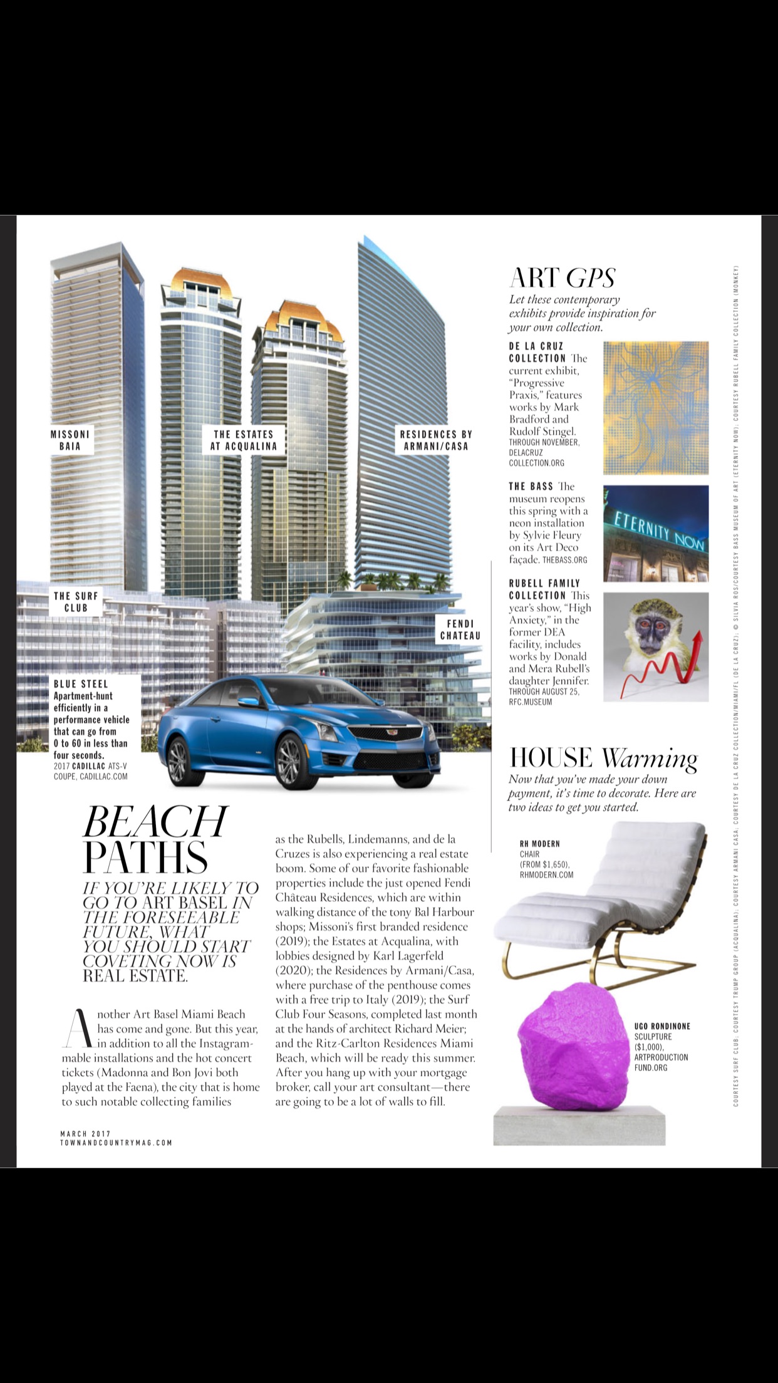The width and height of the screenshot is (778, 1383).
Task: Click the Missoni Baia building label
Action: coord(70,440)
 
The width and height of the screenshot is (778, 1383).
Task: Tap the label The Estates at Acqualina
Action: coord(243,440)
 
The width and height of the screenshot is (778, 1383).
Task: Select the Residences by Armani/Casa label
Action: coord(435,440)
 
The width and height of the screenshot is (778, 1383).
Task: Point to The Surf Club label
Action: coord(76,602)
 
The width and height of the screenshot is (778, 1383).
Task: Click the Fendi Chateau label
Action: coord(460,629)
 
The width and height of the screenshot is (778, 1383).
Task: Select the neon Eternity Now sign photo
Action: coord(656,534)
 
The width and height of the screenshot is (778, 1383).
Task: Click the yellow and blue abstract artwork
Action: coord(656,408)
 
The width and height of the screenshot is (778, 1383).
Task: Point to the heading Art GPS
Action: coord(562,278)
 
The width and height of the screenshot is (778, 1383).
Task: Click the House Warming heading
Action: coord(603,758)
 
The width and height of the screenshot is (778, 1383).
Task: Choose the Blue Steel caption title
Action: coord(81,684)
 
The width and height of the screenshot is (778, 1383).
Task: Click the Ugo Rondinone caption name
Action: coord(661,1027)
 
